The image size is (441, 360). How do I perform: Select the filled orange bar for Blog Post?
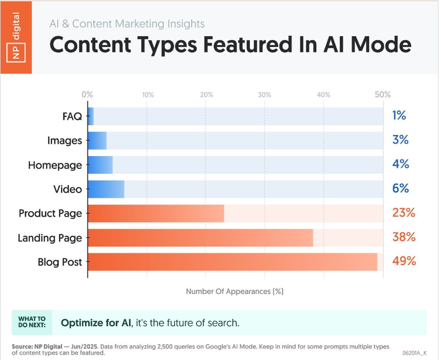232,262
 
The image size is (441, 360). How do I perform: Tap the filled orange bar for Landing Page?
200,238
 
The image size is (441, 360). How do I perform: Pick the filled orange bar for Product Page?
156,213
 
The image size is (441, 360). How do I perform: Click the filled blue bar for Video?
106,189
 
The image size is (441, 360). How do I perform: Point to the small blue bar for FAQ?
91,116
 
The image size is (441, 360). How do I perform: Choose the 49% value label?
404,261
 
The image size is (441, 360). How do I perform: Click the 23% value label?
403,213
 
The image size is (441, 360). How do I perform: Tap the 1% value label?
399,116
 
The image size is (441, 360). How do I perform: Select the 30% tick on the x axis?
265,94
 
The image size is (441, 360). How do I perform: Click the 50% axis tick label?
382,94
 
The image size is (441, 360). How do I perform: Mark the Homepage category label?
55,165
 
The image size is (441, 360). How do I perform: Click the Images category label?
65,141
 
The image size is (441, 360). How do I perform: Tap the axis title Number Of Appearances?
235,292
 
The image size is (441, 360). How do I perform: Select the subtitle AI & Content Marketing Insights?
127,23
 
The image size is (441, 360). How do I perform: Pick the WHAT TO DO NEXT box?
32,323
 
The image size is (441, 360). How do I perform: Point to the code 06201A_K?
415,352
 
